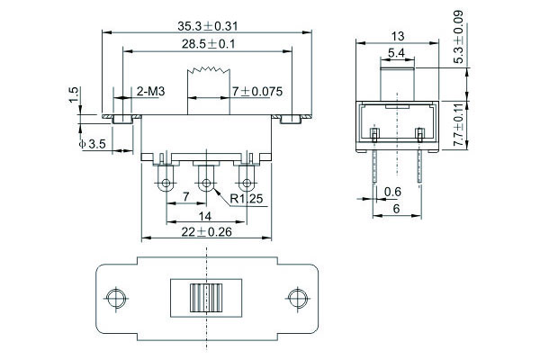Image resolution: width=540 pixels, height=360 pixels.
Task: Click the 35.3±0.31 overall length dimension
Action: tap(208, 26)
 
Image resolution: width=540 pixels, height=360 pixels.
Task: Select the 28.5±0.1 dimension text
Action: tap(209, 44)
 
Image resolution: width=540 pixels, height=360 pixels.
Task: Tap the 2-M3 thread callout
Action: tap(151, 92)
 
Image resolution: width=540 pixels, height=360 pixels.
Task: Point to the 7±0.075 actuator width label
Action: tap(257, 92)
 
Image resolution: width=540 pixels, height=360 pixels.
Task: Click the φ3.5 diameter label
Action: tap(93, 144)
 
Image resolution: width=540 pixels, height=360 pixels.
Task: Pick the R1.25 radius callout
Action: tap(247, 199)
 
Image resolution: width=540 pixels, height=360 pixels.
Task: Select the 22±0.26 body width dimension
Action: tap(207, 232)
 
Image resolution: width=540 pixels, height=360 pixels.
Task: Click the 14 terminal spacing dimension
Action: tap(205, 216)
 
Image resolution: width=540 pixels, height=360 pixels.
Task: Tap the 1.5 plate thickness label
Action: tap(74, 95)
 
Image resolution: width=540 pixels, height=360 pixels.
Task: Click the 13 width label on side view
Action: tap(398, 36)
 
